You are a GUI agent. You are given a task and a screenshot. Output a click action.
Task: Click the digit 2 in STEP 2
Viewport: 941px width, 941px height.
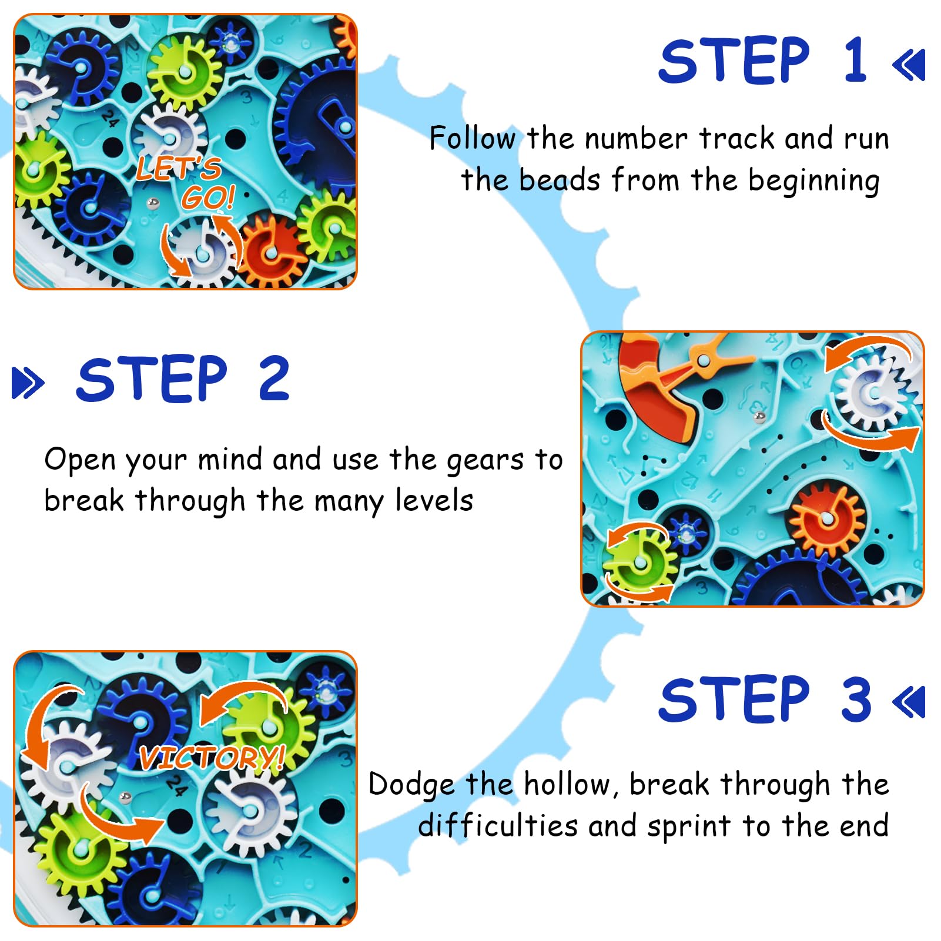point(274,379)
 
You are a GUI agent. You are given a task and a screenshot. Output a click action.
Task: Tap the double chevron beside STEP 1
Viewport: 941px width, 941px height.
point(909,65)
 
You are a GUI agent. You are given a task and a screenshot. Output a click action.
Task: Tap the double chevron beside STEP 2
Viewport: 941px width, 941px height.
point(28,383)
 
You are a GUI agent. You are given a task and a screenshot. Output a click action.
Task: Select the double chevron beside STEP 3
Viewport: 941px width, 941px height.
point(909,702)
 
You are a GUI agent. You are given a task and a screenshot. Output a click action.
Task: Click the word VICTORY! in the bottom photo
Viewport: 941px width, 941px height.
point(212,758)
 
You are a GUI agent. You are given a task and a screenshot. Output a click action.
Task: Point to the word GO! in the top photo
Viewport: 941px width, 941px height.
point(209,197)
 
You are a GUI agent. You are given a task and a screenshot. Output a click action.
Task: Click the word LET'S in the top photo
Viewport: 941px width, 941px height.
point(179,168)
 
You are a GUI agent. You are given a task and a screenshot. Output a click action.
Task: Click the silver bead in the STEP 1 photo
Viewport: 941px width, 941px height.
point(153,203)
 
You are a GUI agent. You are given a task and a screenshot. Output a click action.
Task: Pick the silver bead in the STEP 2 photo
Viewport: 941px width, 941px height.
point(759,417)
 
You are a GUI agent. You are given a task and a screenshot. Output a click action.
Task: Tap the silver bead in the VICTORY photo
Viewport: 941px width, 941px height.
point(125,798)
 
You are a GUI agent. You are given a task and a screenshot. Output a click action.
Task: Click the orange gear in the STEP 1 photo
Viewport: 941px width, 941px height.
point(270,252)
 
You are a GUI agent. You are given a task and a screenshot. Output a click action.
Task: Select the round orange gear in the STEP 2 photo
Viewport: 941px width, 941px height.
point(826,518)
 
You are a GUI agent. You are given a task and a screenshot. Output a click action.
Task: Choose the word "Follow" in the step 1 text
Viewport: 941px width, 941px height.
point(473,139)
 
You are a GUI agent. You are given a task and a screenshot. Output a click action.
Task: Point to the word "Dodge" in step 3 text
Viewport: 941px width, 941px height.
point(411,785)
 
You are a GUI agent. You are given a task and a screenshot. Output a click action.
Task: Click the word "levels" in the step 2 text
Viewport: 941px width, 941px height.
point(434,501)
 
